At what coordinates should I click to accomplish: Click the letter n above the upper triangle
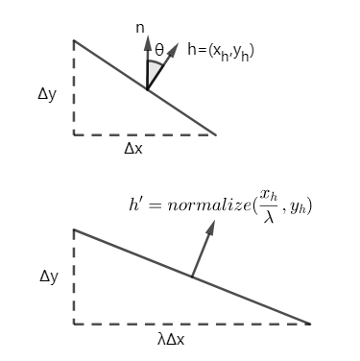pos(140,29)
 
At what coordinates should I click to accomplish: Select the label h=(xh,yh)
pos(221,50)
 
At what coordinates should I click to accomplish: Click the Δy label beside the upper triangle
pos(48,94)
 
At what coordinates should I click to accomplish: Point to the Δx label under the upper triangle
pos(134,150)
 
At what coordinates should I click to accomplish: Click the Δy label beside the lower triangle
pos(48,277)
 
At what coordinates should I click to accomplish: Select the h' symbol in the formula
pos(135,205)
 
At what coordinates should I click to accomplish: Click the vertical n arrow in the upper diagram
pos(147,62)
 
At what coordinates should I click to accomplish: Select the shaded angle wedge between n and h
pos(152,75)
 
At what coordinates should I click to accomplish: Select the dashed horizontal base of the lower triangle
pos(192,324)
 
